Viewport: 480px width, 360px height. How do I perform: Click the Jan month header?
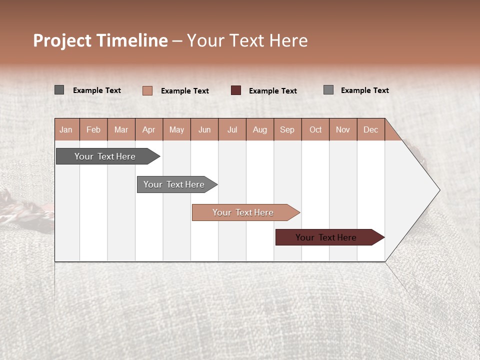(x=66, y=129)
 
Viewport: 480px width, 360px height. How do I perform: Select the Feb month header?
(x=93, y=129)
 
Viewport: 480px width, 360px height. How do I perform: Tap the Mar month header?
(x=121, y=129)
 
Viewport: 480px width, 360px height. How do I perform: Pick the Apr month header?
(x=149, y=129)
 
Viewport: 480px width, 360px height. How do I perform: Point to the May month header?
(x=176, y=129)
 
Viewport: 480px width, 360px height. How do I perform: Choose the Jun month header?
(x=204, y=129)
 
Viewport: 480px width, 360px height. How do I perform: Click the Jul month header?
(x=232, y=129)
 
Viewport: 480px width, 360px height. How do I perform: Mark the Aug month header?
(x=260, y=129)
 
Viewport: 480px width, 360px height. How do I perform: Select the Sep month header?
(x=287, y=129)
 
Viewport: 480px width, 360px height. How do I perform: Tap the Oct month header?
(x=315, y=129)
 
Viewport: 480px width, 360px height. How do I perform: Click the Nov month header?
(x=343, y=129)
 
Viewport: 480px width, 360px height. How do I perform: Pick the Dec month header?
(x=371, y=129)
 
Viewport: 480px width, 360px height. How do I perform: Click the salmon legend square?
(x=147, y=90)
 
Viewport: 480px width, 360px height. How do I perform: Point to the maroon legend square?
(x=236, y=90)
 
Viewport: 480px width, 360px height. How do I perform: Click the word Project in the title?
(x=61, y=40)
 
